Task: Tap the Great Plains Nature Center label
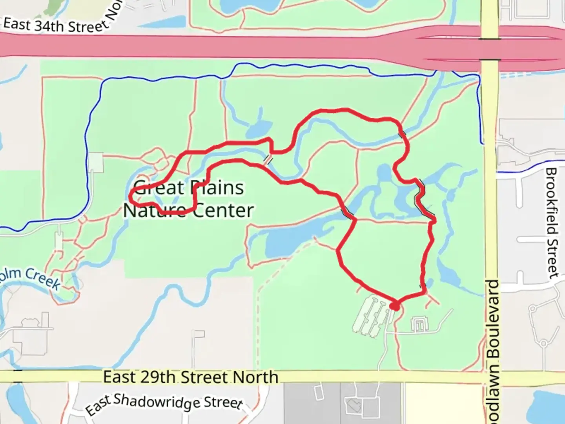(x=188, y=199)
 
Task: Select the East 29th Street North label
(x=191, y=377)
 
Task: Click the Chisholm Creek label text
(x=31, y=277)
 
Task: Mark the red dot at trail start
(x=395, y=306)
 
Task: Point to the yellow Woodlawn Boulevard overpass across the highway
(x=490, y=49)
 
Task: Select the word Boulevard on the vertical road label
(x=494, y=318)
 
